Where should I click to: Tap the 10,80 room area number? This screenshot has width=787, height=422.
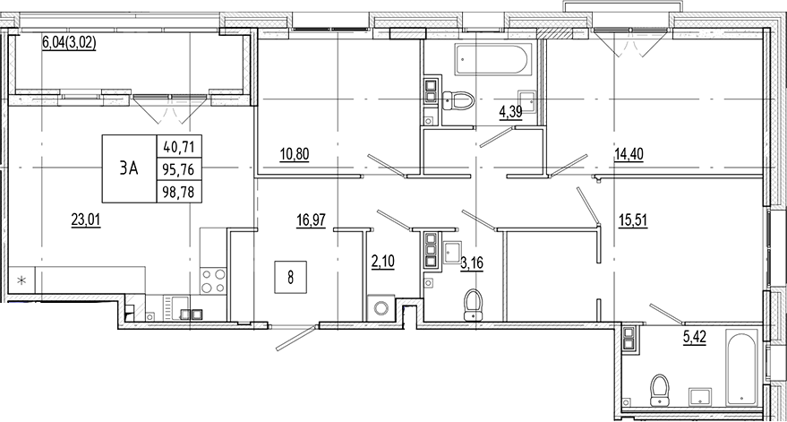click(x=294, y=154)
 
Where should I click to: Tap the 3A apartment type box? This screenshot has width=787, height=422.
click(x=128, y=168)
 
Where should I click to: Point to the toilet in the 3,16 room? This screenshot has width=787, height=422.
click(x=472, y=306)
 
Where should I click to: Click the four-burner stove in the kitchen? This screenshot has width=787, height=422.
click(x=212, y=281)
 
